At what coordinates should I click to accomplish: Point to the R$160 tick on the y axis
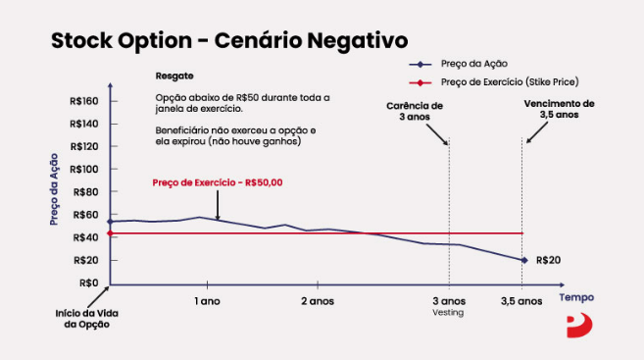[85, 101]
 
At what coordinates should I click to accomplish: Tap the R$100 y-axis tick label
[85, 169]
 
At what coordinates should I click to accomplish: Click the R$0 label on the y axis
[89, 283]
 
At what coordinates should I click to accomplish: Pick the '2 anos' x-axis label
[318, 300]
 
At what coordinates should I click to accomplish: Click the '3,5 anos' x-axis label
[521, 300]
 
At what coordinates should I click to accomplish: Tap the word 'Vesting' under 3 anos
[448, 313]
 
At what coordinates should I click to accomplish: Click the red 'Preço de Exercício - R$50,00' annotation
[218, 182]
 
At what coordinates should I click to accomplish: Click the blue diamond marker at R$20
[524, 260]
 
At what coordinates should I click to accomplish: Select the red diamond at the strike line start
[110, 233]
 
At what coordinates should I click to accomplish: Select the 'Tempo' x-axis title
[575, 295]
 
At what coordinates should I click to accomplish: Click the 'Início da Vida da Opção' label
[80, 319]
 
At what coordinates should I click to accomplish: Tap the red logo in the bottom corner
[578, 325]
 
